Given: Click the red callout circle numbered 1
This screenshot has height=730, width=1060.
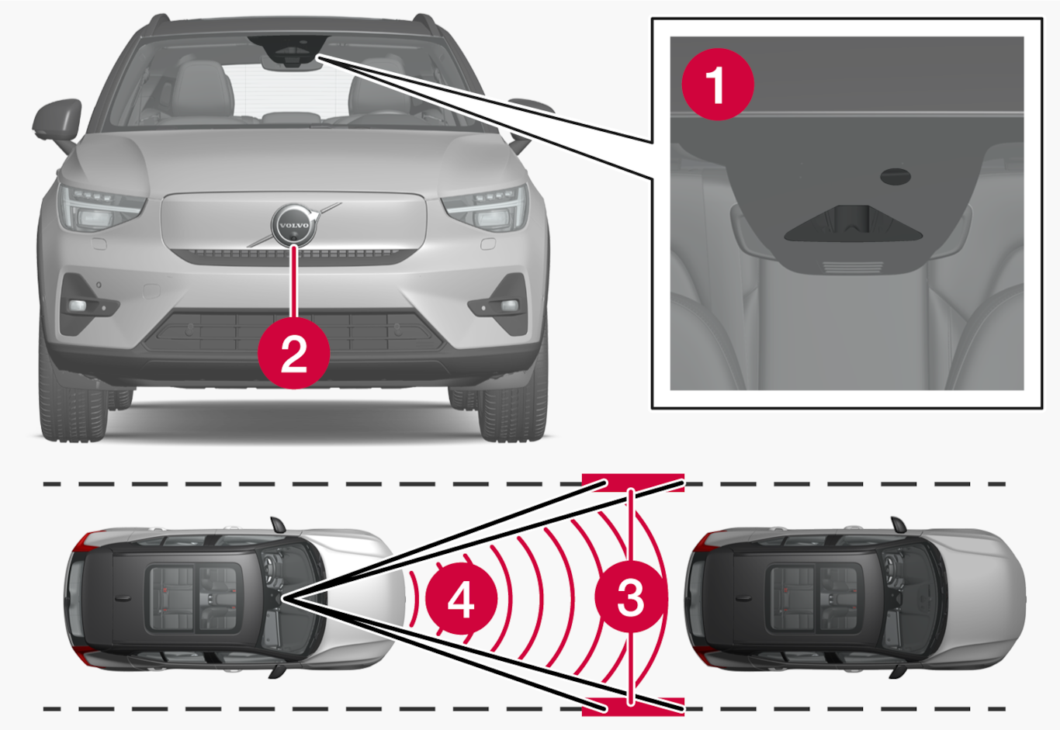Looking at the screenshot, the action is [718, 85].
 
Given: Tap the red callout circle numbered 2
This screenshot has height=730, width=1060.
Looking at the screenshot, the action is [294, 354].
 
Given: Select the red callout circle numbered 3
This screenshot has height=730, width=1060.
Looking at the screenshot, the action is [631, 597].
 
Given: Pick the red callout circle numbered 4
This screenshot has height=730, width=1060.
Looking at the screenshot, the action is [462, 599].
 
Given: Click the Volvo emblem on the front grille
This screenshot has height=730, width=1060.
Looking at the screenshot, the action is [294, 226].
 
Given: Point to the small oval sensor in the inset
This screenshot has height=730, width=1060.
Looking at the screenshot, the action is [895, 176].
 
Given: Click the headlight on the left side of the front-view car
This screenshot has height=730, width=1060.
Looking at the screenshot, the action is [99, 207].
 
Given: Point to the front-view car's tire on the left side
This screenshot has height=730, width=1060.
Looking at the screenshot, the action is [74, 412].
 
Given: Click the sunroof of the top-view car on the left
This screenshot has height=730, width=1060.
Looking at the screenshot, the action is [194, 598].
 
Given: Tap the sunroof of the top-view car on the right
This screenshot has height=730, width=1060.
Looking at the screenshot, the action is [815, 598].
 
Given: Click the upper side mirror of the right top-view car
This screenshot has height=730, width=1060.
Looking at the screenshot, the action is [898, 524].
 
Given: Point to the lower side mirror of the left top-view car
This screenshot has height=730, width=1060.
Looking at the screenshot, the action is [278, 672].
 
